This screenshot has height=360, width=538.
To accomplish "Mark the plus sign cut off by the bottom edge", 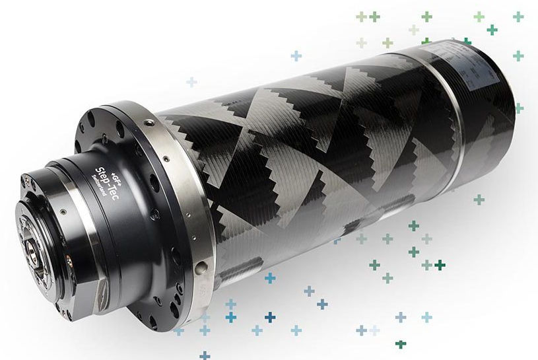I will (205, 355).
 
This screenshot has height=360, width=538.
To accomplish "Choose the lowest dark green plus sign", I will (400, 344).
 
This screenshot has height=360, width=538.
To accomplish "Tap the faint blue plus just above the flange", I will (191, 82).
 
